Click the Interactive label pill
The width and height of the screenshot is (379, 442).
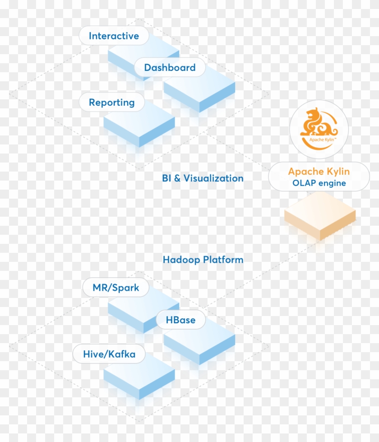coord(114,36)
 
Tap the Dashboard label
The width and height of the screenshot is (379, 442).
coord(170,68)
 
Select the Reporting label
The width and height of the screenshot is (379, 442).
coord(111,102)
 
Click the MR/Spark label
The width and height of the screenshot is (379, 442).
coord(116,288)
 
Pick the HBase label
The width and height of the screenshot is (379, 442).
coord(180,320)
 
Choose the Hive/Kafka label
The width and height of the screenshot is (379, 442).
coord(109,354)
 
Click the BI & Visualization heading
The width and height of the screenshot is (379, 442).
coord(203,178)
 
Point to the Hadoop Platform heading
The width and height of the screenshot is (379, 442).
coord(203,260)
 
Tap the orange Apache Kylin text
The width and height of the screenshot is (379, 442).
coord(319,172)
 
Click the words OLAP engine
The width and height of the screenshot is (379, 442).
coord(319,183)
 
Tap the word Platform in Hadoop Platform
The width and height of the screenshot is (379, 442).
coord(223,260)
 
